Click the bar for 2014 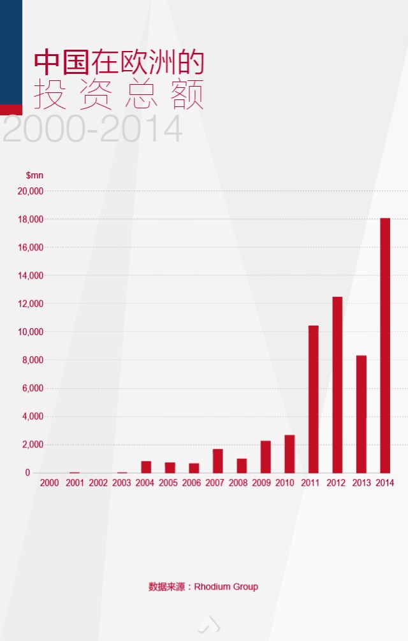[x=384, y=345]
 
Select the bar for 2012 [x=337, y=385]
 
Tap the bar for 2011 [x=313, y=399]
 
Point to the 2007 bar [x=217, y=461]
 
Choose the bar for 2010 [x=289, y=454]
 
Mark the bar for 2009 [x=265, y=457]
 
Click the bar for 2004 [x=146, y=467]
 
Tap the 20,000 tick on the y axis [x=30, y=191]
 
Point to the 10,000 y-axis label [x=30, y=332]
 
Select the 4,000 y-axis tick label [x=33, y=416]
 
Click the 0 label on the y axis [x=27, y=473]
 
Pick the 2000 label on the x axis [x=50, y=483]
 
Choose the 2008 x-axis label [x=237, y=483]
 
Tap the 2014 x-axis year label [x=384, y=483]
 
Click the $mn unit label [x=34, y=175]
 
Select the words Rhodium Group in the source [x=226, y=587]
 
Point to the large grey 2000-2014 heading [x=93, y=129]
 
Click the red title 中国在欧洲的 [x=119, y=63]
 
